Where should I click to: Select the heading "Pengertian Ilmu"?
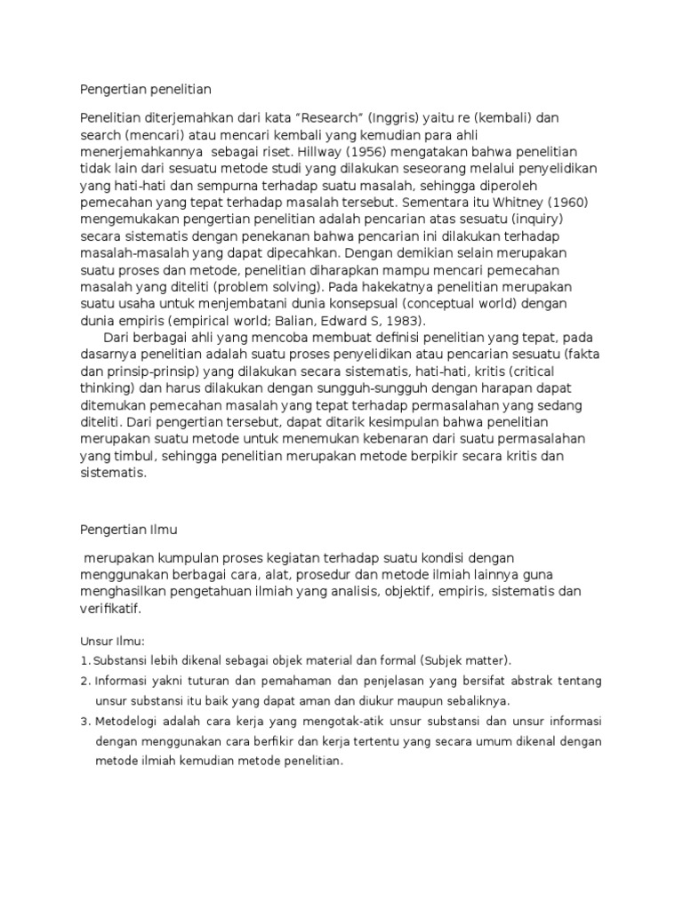point(129,530)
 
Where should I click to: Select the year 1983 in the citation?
point(398,321)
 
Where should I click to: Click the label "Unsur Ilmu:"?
point(112,640)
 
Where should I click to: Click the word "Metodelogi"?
point(126,721)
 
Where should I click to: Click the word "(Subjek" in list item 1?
point(422,660)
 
